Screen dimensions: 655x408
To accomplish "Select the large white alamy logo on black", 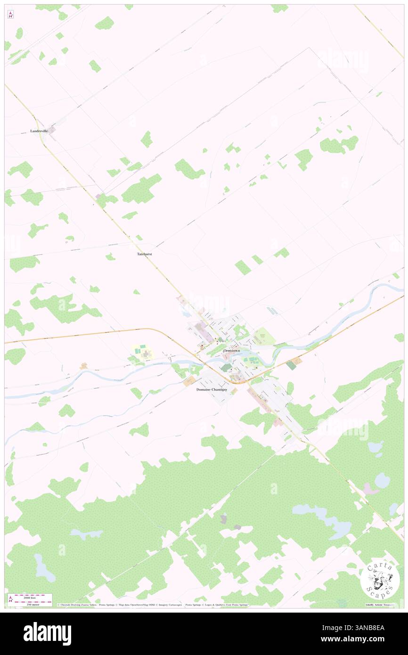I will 47,634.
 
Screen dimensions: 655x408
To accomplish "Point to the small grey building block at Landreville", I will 52,129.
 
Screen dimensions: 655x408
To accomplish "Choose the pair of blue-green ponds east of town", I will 272,311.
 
